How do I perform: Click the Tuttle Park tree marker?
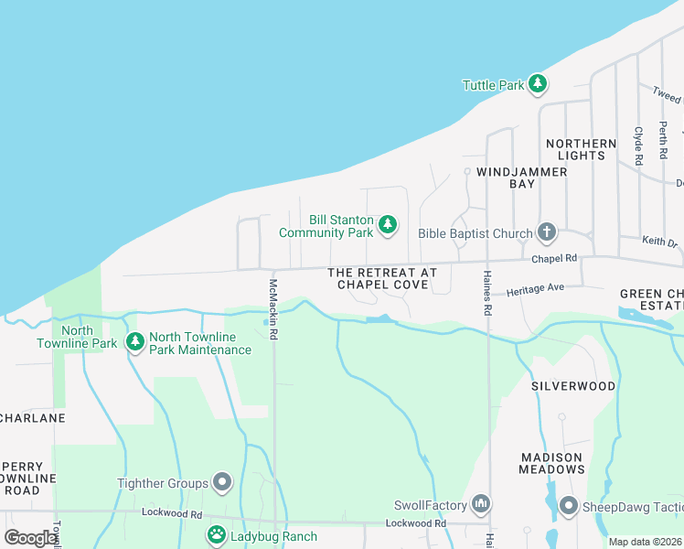[538, 85]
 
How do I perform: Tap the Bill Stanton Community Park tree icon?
[388, 224]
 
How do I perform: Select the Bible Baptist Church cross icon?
[547, 232]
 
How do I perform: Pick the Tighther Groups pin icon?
[222, 482]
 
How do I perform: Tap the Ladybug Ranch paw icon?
[217, 535]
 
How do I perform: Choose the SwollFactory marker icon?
[482, 504]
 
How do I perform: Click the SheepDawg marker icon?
[568, 506]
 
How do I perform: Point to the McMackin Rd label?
[273, 310]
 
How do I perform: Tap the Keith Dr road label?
[659, 242]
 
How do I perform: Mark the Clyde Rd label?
[639, 145]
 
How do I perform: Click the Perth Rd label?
[663, 137]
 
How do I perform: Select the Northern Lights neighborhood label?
[581, 149]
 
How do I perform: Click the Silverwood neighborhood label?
[573, 386]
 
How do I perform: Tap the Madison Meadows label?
[551, 463]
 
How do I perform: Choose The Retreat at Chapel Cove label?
[382, 279]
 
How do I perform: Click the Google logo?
[29, 538]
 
